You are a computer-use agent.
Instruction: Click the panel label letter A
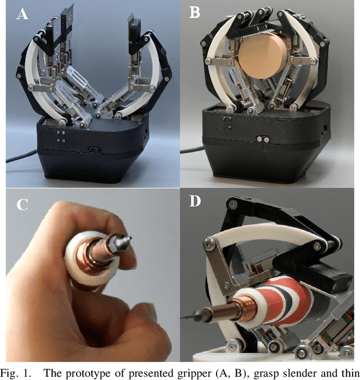coord(23,14)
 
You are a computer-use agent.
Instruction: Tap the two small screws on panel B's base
coord(261,138)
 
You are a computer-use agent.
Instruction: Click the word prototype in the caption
coord(99,372)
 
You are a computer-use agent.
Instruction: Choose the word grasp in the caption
coord(265,372)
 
